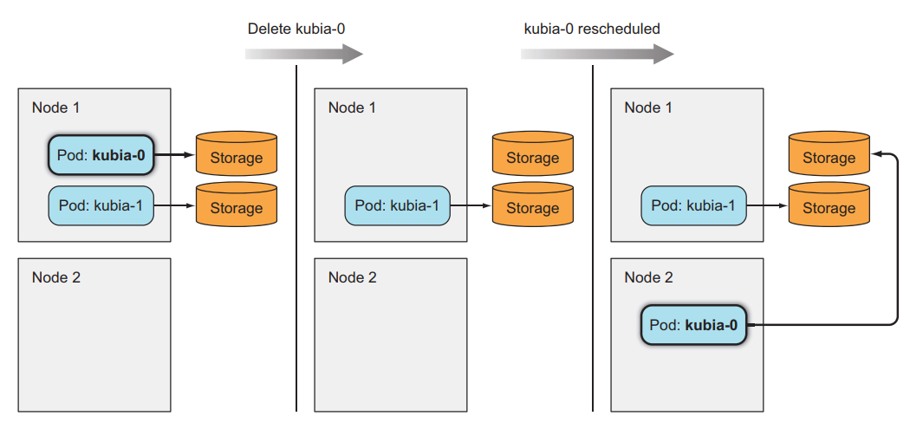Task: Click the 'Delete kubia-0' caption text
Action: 297,29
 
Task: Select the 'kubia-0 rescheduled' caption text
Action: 591,29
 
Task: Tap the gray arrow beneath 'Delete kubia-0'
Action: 303,54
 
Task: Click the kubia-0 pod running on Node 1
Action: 101,157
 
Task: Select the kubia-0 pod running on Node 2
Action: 693,326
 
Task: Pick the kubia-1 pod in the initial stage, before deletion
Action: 101,206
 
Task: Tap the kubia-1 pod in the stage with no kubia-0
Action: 398,206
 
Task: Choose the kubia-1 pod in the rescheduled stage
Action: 693,206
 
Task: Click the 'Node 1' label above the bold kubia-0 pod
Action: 55,107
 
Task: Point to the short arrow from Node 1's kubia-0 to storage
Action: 174,156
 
